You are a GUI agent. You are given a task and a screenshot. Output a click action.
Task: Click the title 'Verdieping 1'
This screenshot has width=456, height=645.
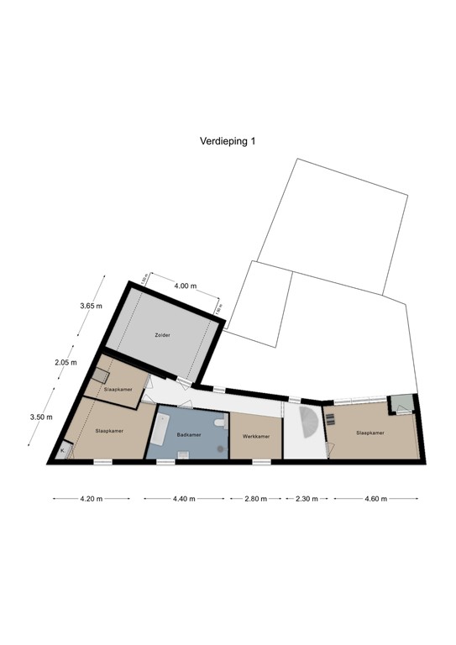click(x=228, y=142)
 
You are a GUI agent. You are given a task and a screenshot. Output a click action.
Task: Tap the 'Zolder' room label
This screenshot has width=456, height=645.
click(x=162, y=335)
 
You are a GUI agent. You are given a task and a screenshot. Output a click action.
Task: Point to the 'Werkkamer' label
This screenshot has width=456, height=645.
click(x=255, y=437)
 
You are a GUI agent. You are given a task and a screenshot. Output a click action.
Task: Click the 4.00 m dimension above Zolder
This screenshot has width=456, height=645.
click(x=185, y=286)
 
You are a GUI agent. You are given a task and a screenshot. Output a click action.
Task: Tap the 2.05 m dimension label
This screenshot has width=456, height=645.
click(x=66, y=363)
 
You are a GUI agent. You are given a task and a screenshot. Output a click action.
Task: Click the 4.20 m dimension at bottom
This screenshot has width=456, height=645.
click(x=91, y=499)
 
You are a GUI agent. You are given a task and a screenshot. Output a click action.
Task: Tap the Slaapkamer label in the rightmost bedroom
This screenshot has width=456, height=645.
click(x=370, y=433)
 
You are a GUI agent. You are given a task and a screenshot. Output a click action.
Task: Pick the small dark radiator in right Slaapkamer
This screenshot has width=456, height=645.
click(x=330, y=417)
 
